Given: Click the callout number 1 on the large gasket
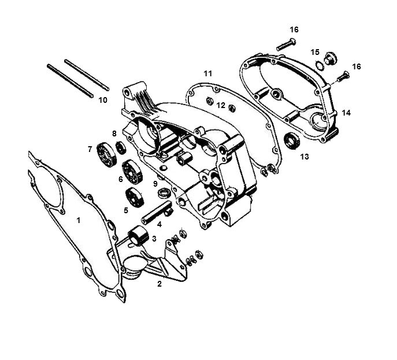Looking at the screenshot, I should (x=79, y=220).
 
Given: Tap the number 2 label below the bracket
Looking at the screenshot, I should (x=159, y=284).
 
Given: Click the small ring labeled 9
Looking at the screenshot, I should (x=164, y=191).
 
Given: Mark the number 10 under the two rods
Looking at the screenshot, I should (x=102, y=100).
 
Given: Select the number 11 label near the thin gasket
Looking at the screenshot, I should (x=208, y=73).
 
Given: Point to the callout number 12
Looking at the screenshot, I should (x=221, y=105).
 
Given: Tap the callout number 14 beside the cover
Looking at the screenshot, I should (x=346, y=113).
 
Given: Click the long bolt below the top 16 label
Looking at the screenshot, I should (x=287, y=43).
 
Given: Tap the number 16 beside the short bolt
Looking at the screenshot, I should (x=357, y=67).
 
